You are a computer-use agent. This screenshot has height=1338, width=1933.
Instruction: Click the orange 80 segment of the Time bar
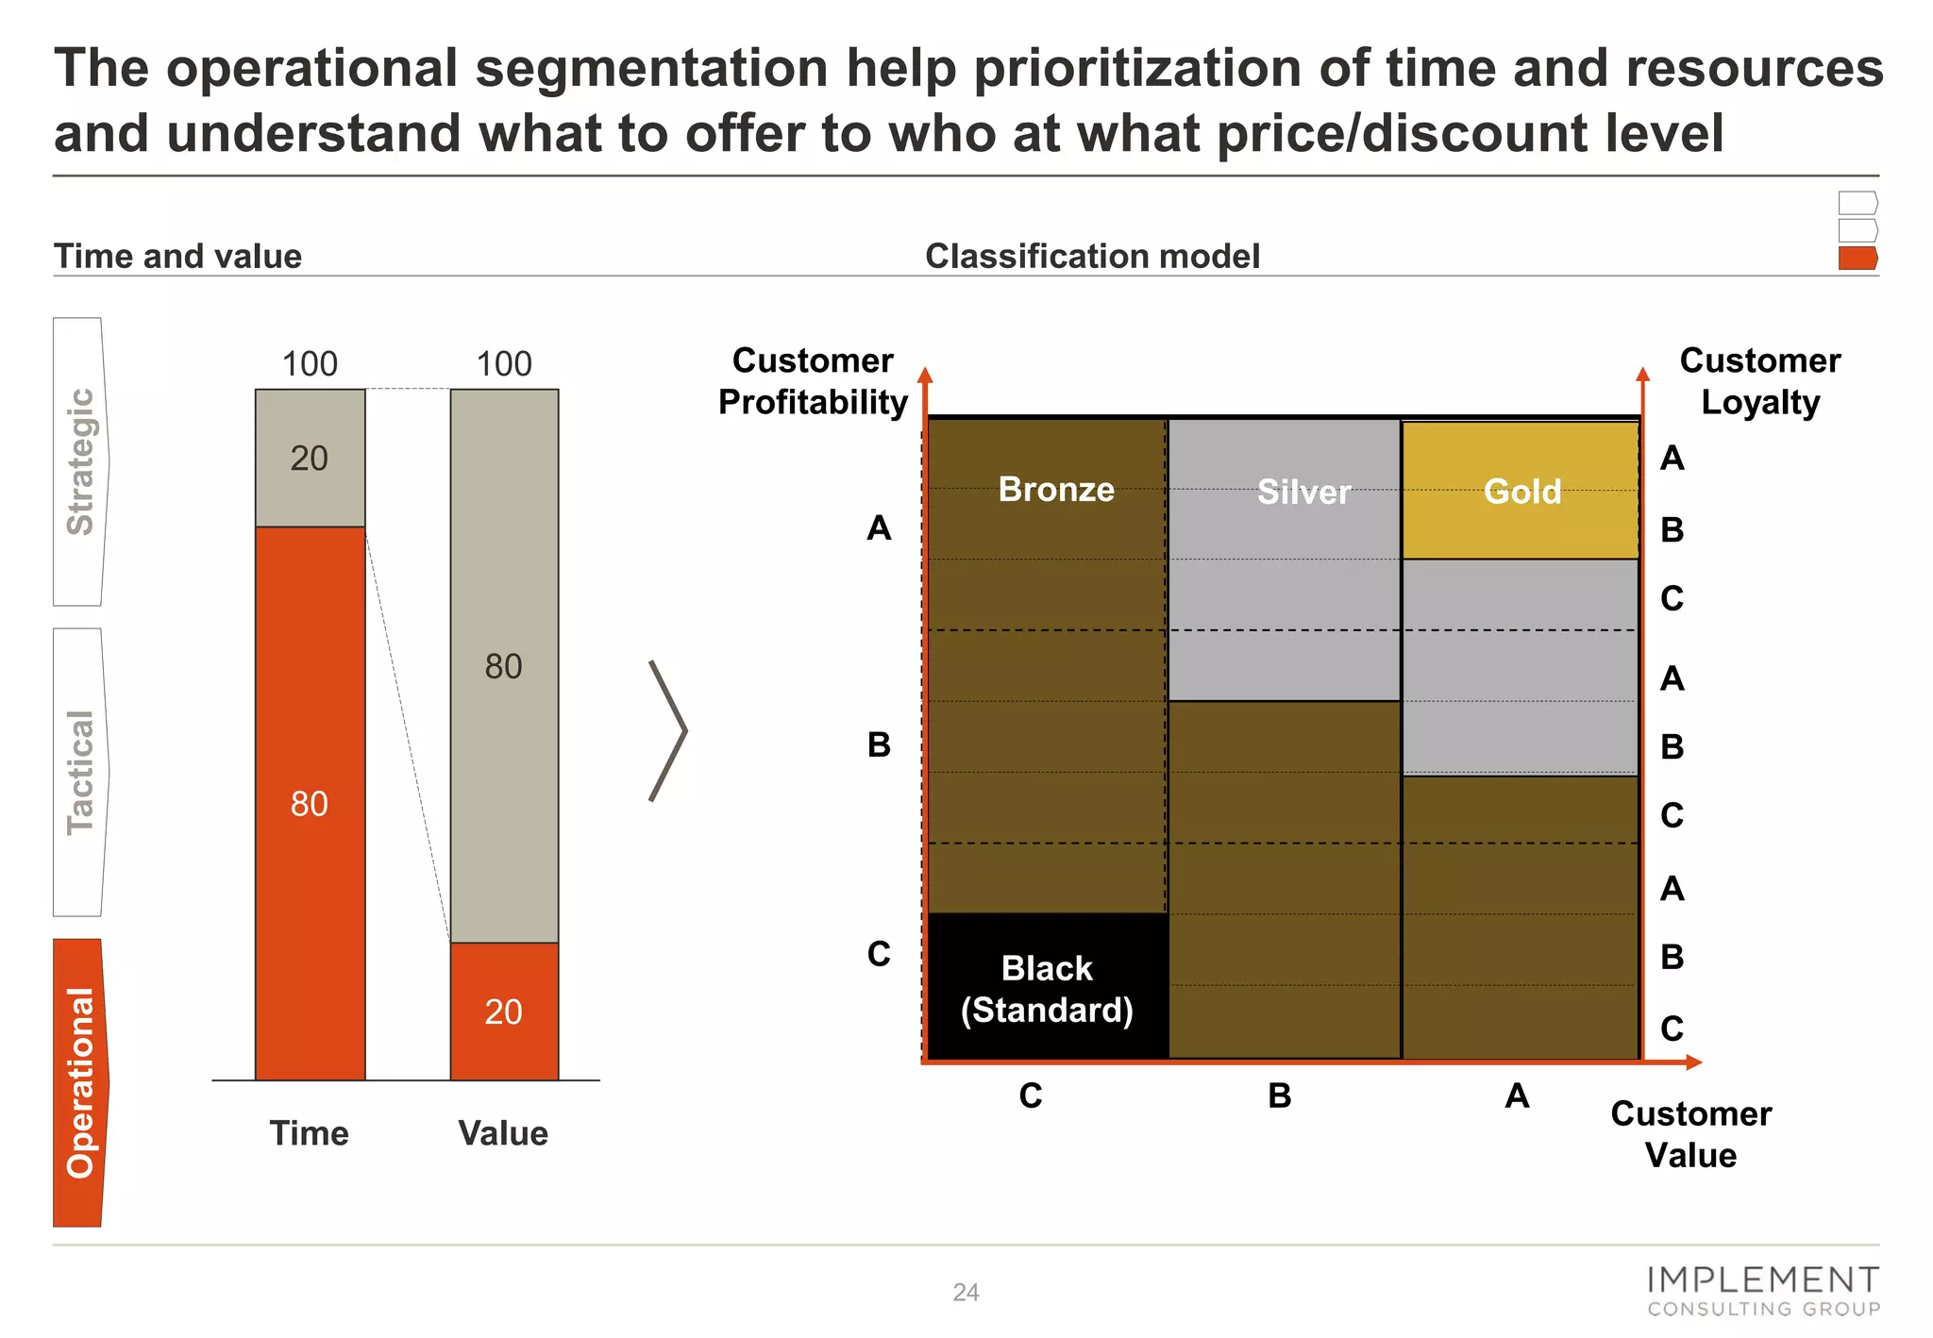tap(310, 803)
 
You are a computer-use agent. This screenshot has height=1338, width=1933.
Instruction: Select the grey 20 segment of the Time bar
tap(310, 459)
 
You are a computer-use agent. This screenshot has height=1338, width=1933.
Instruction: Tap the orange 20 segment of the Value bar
tap(504, 1011)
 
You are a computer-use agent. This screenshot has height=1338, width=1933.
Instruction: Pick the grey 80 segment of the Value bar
tap(504, 666)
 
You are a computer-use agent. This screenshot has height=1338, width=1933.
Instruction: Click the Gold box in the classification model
tap(1521, 491)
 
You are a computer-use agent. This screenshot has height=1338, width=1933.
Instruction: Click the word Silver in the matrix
tap(1303, 492)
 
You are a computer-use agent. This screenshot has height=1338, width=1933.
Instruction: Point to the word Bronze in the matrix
tap(1056, 489)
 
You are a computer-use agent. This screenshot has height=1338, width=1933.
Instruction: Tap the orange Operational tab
tap(80, 1082)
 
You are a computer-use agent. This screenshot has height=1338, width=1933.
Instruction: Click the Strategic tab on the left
tap(80, 461)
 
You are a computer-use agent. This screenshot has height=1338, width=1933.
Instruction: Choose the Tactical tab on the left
tap(80, 772)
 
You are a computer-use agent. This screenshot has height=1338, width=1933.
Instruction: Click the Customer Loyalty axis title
tap(1759, 381)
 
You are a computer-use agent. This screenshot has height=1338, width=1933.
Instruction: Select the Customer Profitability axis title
tap(813, 381)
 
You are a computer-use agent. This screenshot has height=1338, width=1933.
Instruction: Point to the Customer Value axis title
tap(1690, 1134)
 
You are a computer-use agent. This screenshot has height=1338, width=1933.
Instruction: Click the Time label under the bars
tap(309, 1132)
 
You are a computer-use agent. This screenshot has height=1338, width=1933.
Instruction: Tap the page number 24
tap(966, 1292)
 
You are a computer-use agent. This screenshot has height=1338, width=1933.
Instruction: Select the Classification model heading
tap(1092, 256)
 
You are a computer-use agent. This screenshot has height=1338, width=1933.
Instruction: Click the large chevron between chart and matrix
tap(668, 731)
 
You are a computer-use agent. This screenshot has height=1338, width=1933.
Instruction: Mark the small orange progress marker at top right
tap(1857, 259)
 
